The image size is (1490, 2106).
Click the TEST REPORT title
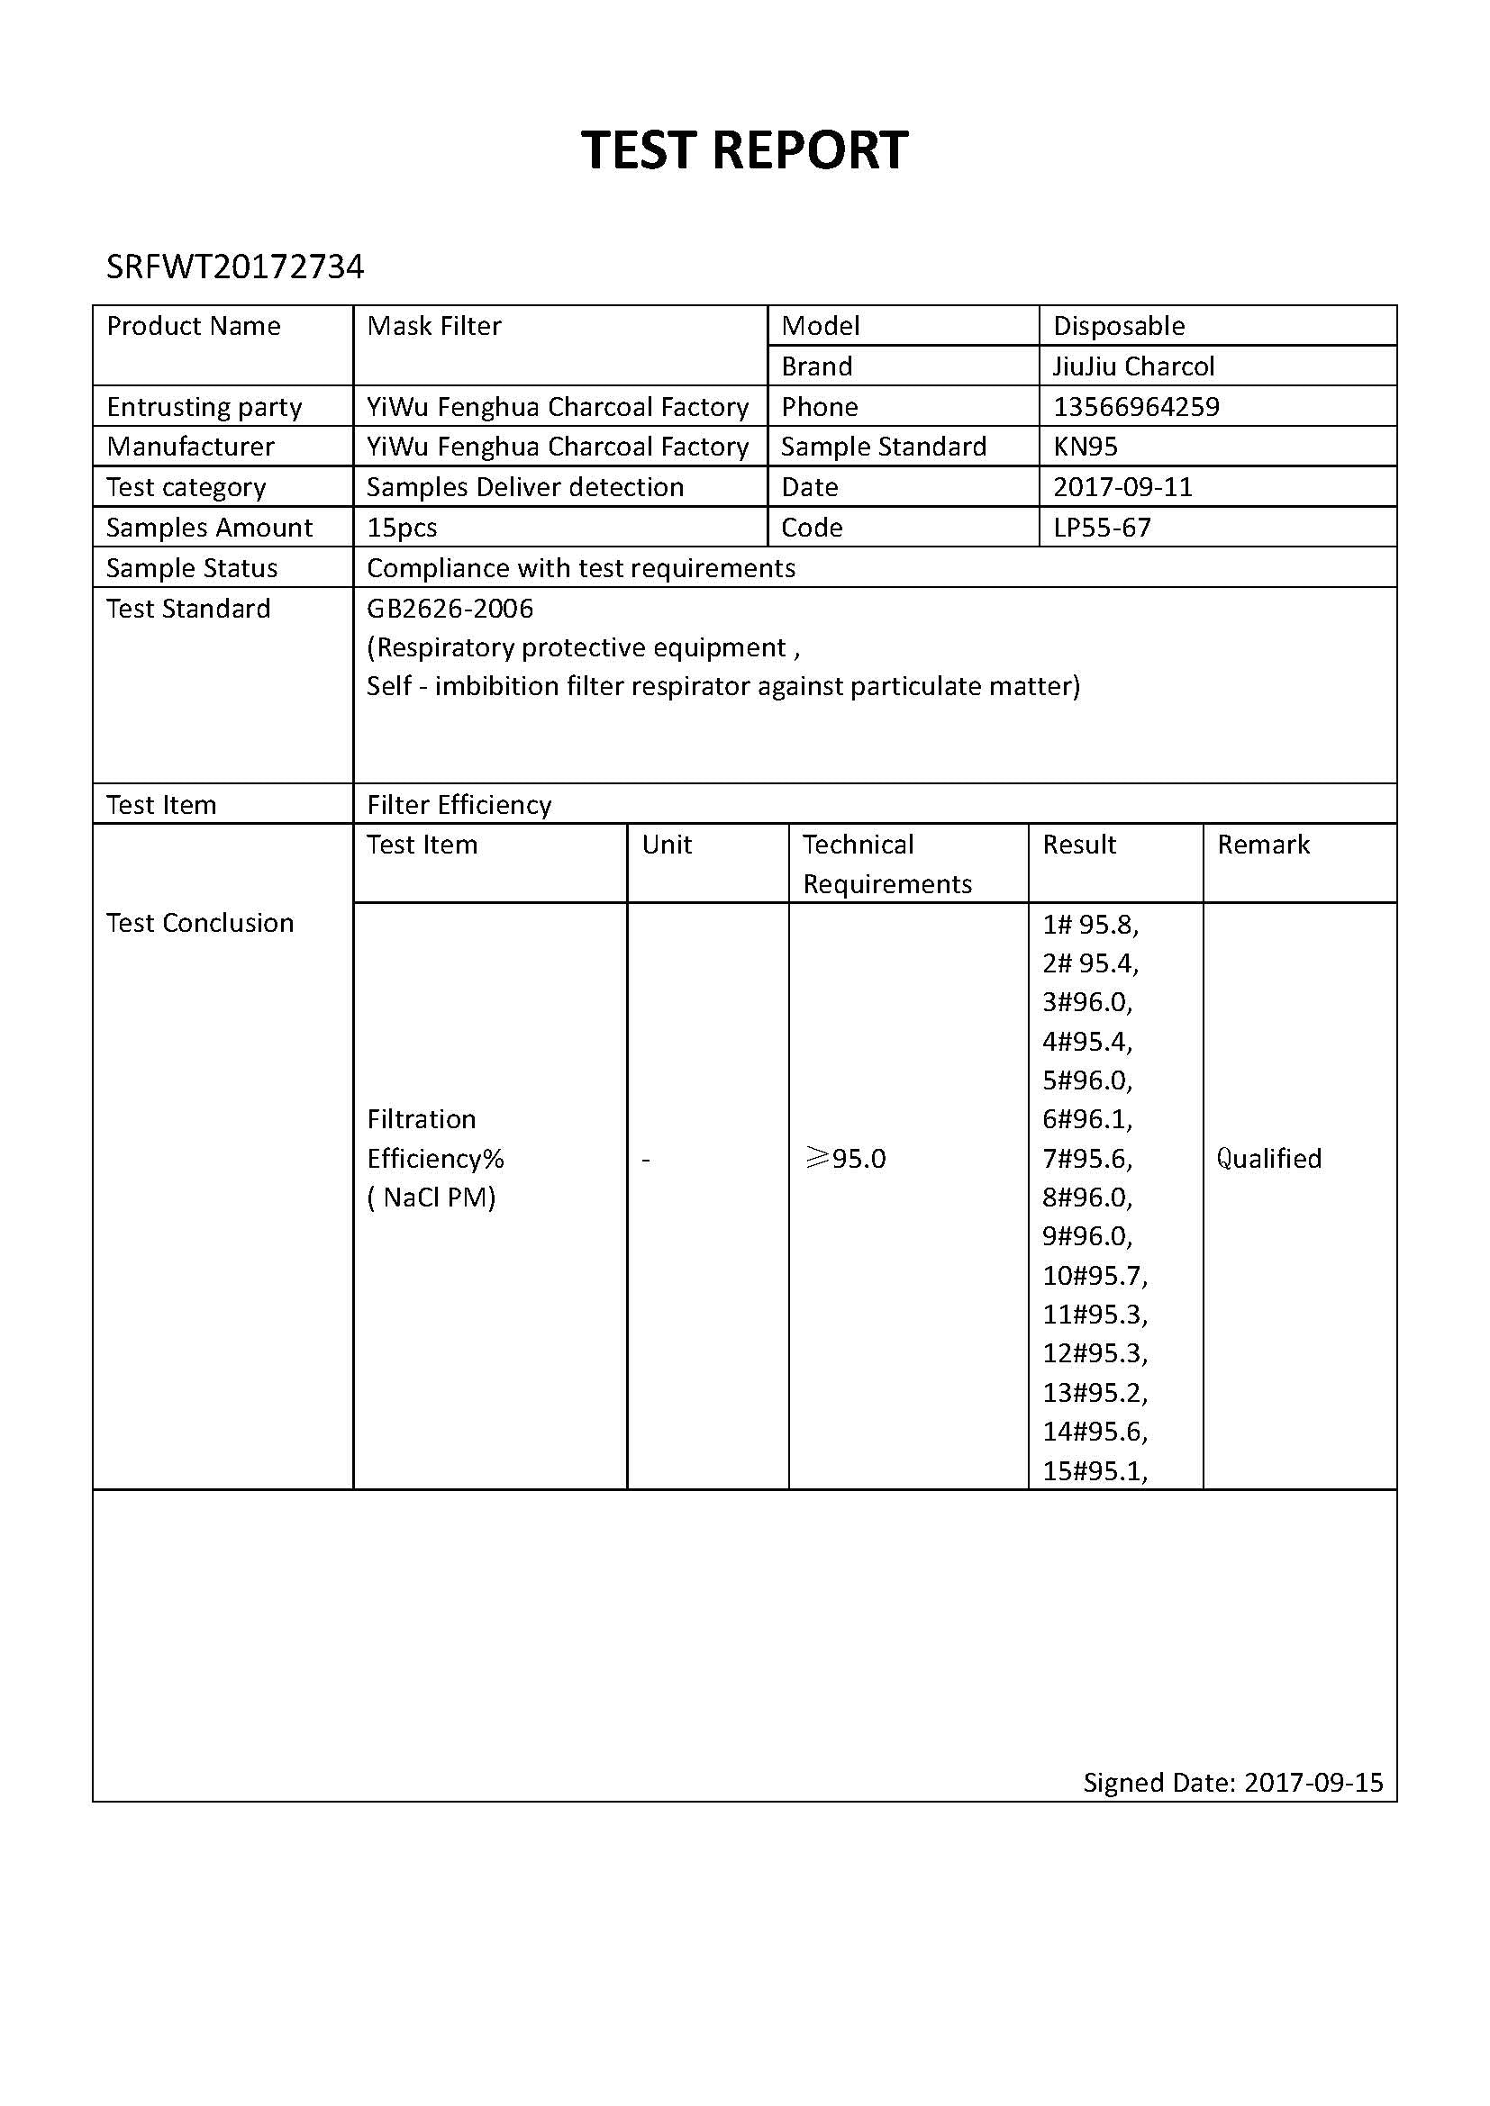click(x=744, y=149)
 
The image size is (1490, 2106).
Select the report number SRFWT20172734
click(x=235, y=267)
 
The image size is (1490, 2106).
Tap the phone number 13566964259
click(x=1136, y=406)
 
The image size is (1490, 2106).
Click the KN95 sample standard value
click(x=1085, y=447)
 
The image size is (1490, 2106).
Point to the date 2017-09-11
click(x=1122, y=487)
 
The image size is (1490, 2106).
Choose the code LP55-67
click(x=1101, y=528)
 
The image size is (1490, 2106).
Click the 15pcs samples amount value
click(x=402, y=528)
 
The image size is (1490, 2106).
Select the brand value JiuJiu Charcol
click(x=1133, y=366)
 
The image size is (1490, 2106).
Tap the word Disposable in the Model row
click(x=1119, y=326)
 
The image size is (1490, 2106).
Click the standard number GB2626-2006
click(x=450, y=608)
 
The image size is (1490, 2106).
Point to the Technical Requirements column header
click(x=886, y=863)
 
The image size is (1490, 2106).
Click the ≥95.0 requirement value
click(x=845, y=1159)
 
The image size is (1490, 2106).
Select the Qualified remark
click(x=1269, y=1159)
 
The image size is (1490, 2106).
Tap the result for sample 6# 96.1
click(x=1087, y=1119)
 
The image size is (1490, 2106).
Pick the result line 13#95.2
click(x=1095, y=1392)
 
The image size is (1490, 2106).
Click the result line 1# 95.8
click(x=1090, y=924)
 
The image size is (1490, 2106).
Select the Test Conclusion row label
click(x=200, y=923)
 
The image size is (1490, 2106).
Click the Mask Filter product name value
click(x=434, y=326)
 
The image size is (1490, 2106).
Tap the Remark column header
click(x=1263, y=844)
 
